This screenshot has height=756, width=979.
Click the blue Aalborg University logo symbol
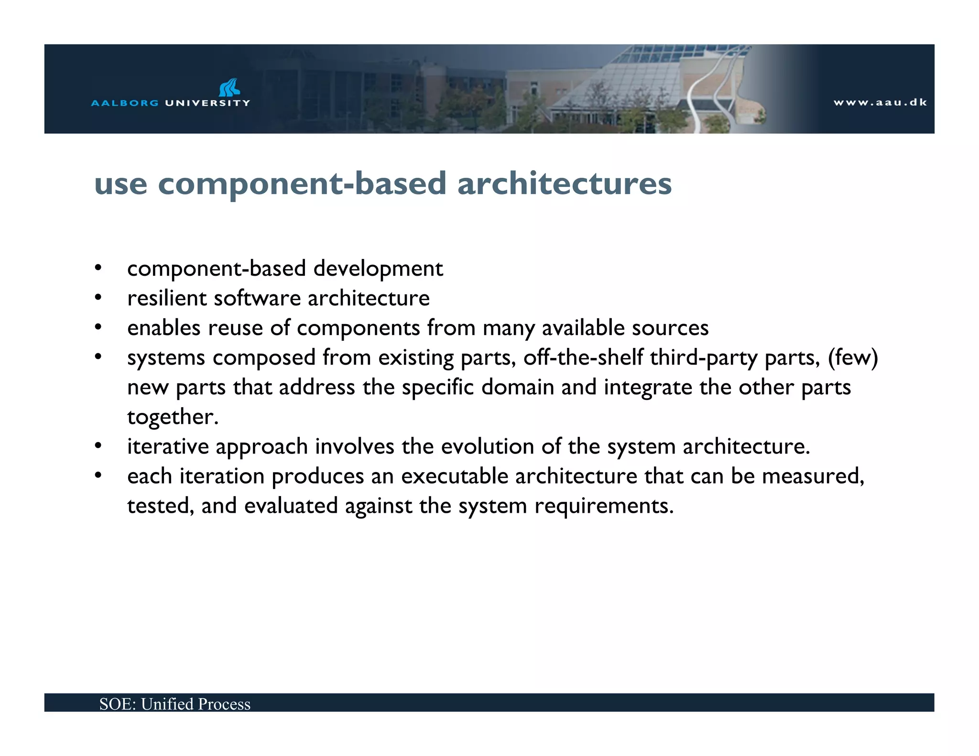(229, 87)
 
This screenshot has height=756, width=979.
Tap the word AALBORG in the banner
(124, 103)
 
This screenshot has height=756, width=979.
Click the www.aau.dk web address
(880, 102)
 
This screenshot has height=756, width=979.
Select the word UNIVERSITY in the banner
(207, 103)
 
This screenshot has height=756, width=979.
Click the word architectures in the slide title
(564, 184)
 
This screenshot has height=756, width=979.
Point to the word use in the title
(120, 184)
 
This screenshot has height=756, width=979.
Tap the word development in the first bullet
(378, 269)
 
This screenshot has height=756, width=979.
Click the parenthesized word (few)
(853, 357)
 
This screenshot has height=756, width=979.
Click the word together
(173, 417)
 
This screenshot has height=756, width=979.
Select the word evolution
(487, 446)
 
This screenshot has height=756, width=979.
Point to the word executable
(454, 476)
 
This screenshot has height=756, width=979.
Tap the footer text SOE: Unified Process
(175, 704)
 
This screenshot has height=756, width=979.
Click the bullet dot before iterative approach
(98, 446)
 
